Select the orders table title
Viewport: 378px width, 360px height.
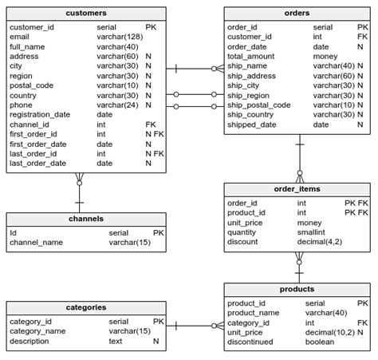pyautogui.click(x=297, y=14)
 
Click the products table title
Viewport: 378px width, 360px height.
pyautogui.click(x=297, y=289)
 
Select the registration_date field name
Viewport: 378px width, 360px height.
pyautogui.click(x=40, y=115)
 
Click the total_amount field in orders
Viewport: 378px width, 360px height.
pyautogui.click(x=252, y=57)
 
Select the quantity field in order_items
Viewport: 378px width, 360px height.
pyautogui.click(x=244, y=232)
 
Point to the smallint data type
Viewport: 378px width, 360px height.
pyautogui.click(x=313, y=232)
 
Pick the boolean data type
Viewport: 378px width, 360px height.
pyautogui.click(x=321, y=342)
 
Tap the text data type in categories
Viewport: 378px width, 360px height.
pyautogui.click(x=116, y=342)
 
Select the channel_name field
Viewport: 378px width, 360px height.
pyautogui.click(x=36, y=242)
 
